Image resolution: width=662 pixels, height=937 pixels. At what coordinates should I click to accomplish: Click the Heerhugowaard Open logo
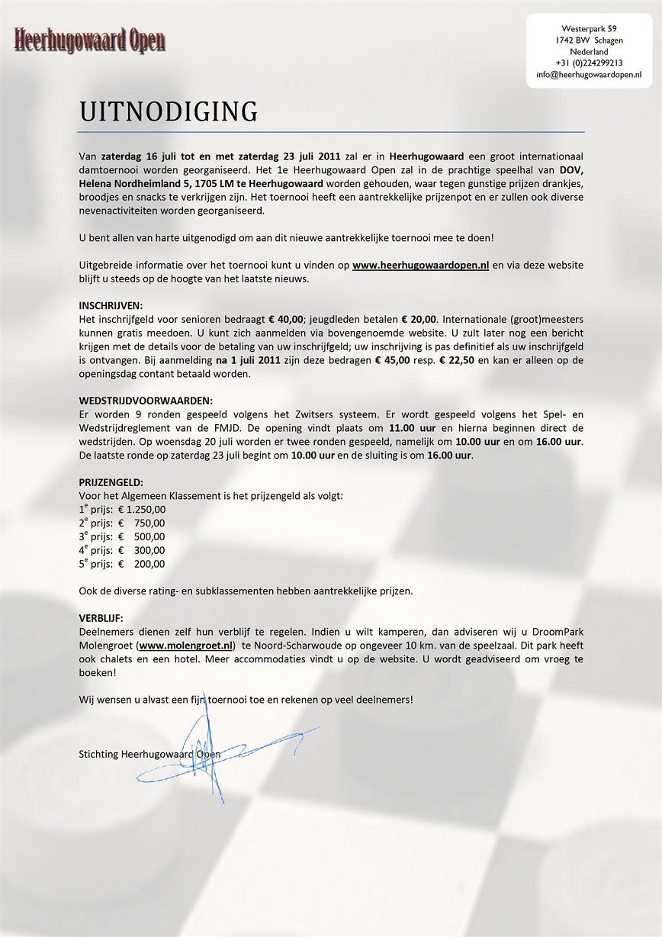click(x=89, y=39)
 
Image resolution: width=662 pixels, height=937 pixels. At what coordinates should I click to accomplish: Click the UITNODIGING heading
click(x=169, y=111)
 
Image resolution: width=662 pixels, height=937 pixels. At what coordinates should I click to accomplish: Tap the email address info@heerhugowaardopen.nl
click(x=588, y=75)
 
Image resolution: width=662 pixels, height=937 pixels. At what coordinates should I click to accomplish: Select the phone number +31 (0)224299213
click(x=589, y=63)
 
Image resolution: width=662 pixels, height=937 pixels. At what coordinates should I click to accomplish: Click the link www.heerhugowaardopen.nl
click(x=420, y=266)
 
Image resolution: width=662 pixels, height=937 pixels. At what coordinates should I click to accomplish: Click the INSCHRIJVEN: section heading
click(x=111, y=305)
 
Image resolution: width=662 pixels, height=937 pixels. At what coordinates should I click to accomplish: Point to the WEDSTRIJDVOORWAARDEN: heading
click(x=146, y=401)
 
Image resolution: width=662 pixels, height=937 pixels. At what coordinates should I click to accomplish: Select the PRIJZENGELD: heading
click(x=111, y=482)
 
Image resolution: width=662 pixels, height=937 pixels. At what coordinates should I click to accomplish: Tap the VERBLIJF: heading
click(x=101, y=617)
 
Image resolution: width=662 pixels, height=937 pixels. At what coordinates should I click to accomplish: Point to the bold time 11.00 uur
click(x=412, y=428)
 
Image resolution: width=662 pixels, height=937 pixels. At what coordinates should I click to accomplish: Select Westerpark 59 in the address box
click(x=589, y=28)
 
